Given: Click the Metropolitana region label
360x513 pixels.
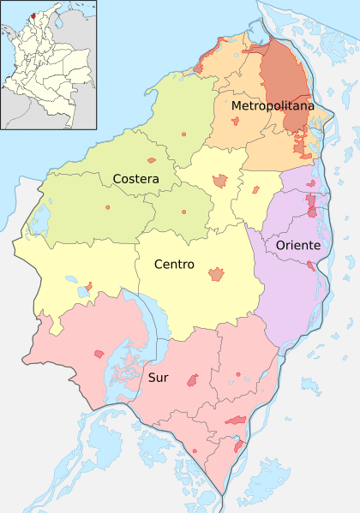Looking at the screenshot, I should click(x=272, y=105).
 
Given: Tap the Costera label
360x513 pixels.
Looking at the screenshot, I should click(x=135, y=178).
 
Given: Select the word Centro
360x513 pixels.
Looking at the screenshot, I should click(x=174, y=265).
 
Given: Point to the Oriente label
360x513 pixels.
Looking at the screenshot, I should click(x=298, y=246).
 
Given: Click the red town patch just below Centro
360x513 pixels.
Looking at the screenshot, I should click(x=217, y=275).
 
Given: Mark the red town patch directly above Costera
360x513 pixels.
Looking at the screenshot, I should click(x=152, y=159).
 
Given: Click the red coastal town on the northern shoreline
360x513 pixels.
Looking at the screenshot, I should click(x=199, y=66).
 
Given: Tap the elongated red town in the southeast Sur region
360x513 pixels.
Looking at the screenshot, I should click(x=236, y=420).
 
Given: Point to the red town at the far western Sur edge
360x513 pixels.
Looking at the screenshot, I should click(x=99, y=354).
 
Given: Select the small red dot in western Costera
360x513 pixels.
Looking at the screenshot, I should click(x=108, y=208).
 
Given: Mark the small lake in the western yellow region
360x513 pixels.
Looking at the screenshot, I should click(x=82, y=291).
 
